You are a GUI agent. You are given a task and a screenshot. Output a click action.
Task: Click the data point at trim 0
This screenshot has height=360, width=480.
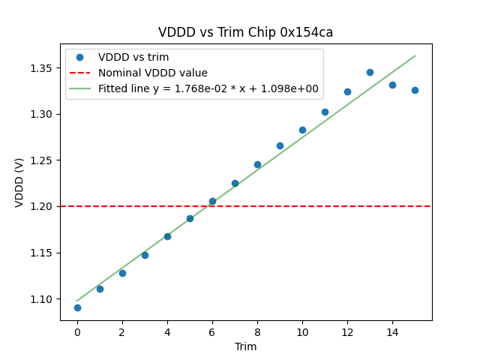click(x=77, y=307)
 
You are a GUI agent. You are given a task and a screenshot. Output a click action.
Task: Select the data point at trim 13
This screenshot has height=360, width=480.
click(x=370, y=72)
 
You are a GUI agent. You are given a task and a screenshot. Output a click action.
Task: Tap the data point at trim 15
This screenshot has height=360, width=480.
click(x=415, y=90)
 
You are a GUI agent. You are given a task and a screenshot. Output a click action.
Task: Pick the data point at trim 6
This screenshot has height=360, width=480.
click(x=212, y=201)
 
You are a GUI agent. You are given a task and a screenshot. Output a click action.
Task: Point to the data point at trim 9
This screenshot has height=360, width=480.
click(x=280, y=145)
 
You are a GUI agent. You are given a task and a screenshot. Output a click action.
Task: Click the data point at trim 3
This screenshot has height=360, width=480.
click(x=145, y=255)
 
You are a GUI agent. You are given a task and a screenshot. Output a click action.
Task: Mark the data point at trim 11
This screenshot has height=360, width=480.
click(x=325, y=112)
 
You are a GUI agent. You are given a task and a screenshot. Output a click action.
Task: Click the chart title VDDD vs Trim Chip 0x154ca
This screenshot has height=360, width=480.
click(x=245, y=32)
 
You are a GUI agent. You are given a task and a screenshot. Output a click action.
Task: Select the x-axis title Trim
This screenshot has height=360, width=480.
click(x=245, y=346)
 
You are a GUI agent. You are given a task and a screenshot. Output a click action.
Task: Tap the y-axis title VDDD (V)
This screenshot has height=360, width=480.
click(x=19, y=182)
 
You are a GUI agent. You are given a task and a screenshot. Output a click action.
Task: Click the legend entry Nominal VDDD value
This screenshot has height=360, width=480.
click(x=153, y=73)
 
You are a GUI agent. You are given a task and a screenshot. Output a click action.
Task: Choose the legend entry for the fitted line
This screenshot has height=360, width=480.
click(x=208, y=88)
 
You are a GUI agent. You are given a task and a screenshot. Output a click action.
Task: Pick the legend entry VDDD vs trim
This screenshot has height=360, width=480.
click(x=133, y=57)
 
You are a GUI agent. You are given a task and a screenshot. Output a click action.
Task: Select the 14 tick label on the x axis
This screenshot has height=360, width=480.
click(x=392, y=331)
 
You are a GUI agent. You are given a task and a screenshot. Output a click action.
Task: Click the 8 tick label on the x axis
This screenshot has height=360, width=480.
click(x=257, y=331)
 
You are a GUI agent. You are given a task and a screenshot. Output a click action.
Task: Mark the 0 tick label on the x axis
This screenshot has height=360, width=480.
click(x=77, y=331)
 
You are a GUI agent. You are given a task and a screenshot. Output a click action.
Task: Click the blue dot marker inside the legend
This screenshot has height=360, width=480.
click(x=80, y=57)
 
